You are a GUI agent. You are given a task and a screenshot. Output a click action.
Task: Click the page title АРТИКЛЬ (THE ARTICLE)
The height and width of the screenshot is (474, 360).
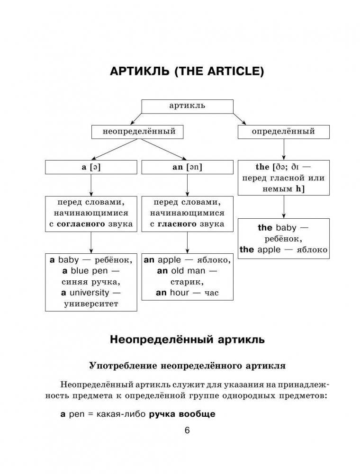point(187,72)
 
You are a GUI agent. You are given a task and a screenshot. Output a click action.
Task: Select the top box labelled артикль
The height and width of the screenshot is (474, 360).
point(187,106)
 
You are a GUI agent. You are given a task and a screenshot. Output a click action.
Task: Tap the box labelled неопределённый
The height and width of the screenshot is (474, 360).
point(139,132)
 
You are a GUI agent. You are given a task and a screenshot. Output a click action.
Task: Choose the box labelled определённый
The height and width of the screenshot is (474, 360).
point(283,132)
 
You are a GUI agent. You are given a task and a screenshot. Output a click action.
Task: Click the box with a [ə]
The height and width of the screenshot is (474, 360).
point(91,167)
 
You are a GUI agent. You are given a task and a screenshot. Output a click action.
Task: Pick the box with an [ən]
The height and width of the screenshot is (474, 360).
point(187,167)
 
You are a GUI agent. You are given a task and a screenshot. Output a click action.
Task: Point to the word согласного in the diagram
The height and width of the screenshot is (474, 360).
point(78,224)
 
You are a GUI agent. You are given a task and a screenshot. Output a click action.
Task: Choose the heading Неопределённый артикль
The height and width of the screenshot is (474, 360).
point(187,340)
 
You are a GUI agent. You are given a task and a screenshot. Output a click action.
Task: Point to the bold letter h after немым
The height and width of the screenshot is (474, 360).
point(298,189)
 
